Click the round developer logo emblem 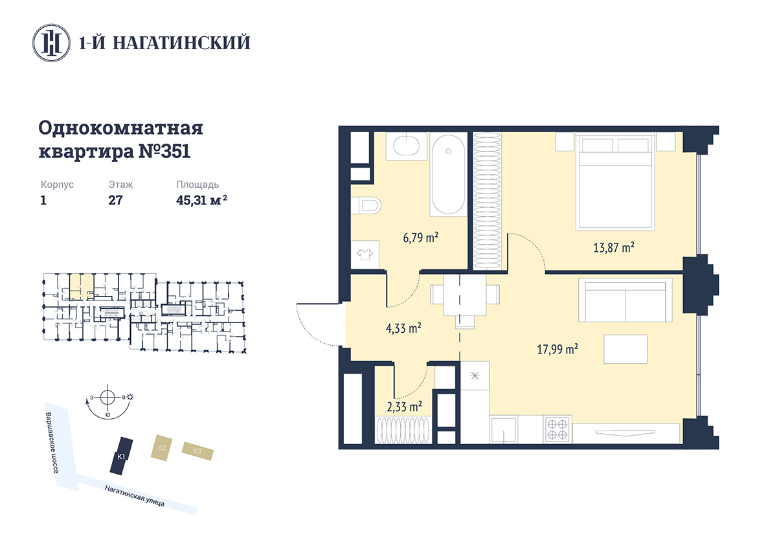(51, 43)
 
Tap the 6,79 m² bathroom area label (420, 238)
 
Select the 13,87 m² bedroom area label (614, 247)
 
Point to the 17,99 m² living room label (557, 349)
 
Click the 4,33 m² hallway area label (403, 328)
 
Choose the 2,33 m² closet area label (404, 407)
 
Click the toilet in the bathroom (366, 206)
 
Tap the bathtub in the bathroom (448, 174)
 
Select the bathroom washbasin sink (406, 146)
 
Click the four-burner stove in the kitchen (557, 429)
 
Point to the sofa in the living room (625, 300)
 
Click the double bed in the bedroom (615, 181)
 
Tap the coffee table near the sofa (625, 349)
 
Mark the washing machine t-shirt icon (365, 255)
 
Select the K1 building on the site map (122, 456)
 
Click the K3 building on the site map (197, 451)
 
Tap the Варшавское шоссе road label (52, 443)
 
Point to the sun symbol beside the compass (130, 397)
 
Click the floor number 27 (115, 200)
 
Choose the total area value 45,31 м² (201, 200)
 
